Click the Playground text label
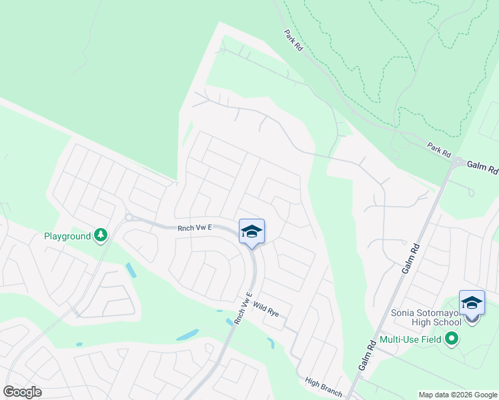[67, 236]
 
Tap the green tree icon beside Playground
[101, 235]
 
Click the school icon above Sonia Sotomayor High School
[472, 303]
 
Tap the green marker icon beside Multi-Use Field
[452, 339]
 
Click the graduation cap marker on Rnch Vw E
[252, 232]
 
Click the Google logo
[23, 392]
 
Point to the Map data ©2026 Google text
[457, 395]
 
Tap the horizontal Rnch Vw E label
[194, 228]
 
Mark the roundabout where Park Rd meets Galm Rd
[459, 161]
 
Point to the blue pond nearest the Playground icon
[130, 270]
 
